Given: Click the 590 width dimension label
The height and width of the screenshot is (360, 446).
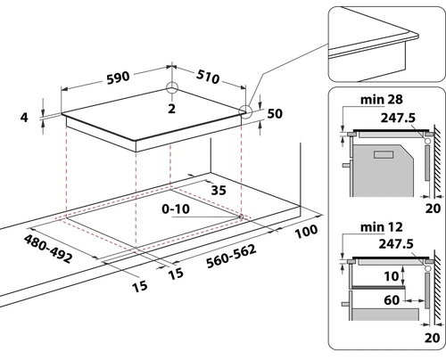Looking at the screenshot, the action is (119, 78).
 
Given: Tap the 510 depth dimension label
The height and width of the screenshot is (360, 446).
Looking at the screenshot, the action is (208, 77).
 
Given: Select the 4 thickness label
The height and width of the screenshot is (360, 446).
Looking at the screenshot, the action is (24, 118).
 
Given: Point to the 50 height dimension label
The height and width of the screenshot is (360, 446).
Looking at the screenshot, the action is (275, 113).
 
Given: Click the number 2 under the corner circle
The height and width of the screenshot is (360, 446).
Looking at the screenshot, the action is (171, 109).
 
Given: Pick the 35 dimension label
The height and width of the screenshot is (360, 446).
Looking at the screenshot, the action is (219, 190).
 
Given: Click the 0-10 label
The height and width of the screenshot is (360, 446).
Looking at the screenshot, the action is (176, 209).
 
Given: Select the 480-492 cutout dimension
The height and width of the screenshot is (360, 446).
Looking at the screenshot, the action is (48, 249).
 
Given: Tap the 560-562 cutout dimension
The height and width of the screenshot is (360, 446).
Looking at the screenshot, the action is (231, 256).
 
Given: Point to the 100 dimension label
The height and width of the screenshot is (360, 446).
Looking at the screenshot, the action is (306, 232).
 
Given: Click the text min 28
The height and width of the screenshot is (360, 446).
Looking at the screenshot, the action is (382, 100).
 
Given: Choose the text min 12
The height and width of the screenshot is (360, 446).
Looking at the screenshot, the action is (382, 227).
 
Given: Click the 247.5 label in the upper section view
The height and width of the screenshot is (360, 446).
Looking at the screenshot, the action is (398, 118).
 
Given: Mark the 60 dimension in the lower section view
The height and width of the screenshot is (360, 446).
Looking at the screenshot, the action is (392, 300).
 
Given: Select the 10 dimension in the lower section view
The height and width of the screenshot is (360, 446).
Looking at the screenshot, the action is (391, 276).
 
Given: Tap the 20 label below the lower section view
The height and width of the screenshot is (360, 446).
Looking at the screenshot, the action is (433, 338).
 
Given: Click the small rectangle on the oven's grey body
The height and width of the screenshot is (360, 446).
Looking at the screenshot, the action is (384, 154).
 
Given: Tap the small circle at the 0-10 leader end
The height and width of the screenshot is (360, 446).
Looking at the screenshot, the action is (241, 217).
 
